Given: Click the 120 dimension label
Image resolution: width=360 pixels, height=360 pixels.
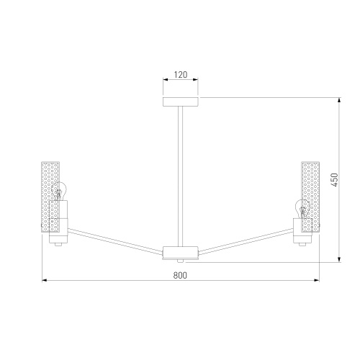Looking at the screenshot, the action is [181, 75].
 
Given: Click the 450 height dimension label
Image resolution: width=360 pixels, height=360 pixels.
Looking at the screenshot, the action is [335, 180].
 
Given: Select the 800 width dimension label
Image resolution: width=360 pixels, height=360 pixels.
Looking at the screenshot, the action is [180, 275].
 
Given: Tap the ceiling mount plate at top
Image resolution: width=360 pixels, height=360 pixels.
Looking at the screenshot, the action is [181, 102].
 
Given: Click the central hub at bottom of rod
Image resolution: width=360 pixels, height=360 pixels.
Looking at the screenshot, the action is [181, 252].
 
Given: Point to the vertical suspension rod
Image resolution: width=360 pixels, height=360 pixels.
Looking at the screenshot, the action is [181, 176].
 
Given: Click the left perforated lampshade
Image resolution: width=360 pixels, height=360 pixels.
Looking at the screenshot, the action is [50, 197].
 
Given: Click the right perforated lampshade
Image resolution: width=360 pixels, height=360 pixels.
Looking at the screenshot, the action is [310, 197].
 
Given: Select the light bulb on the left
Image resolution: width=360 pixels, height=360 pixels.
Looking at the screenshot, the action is [59, 191].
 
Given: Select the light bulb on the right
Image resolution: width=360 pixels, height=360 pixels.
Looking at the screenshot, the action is [302, 209].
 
